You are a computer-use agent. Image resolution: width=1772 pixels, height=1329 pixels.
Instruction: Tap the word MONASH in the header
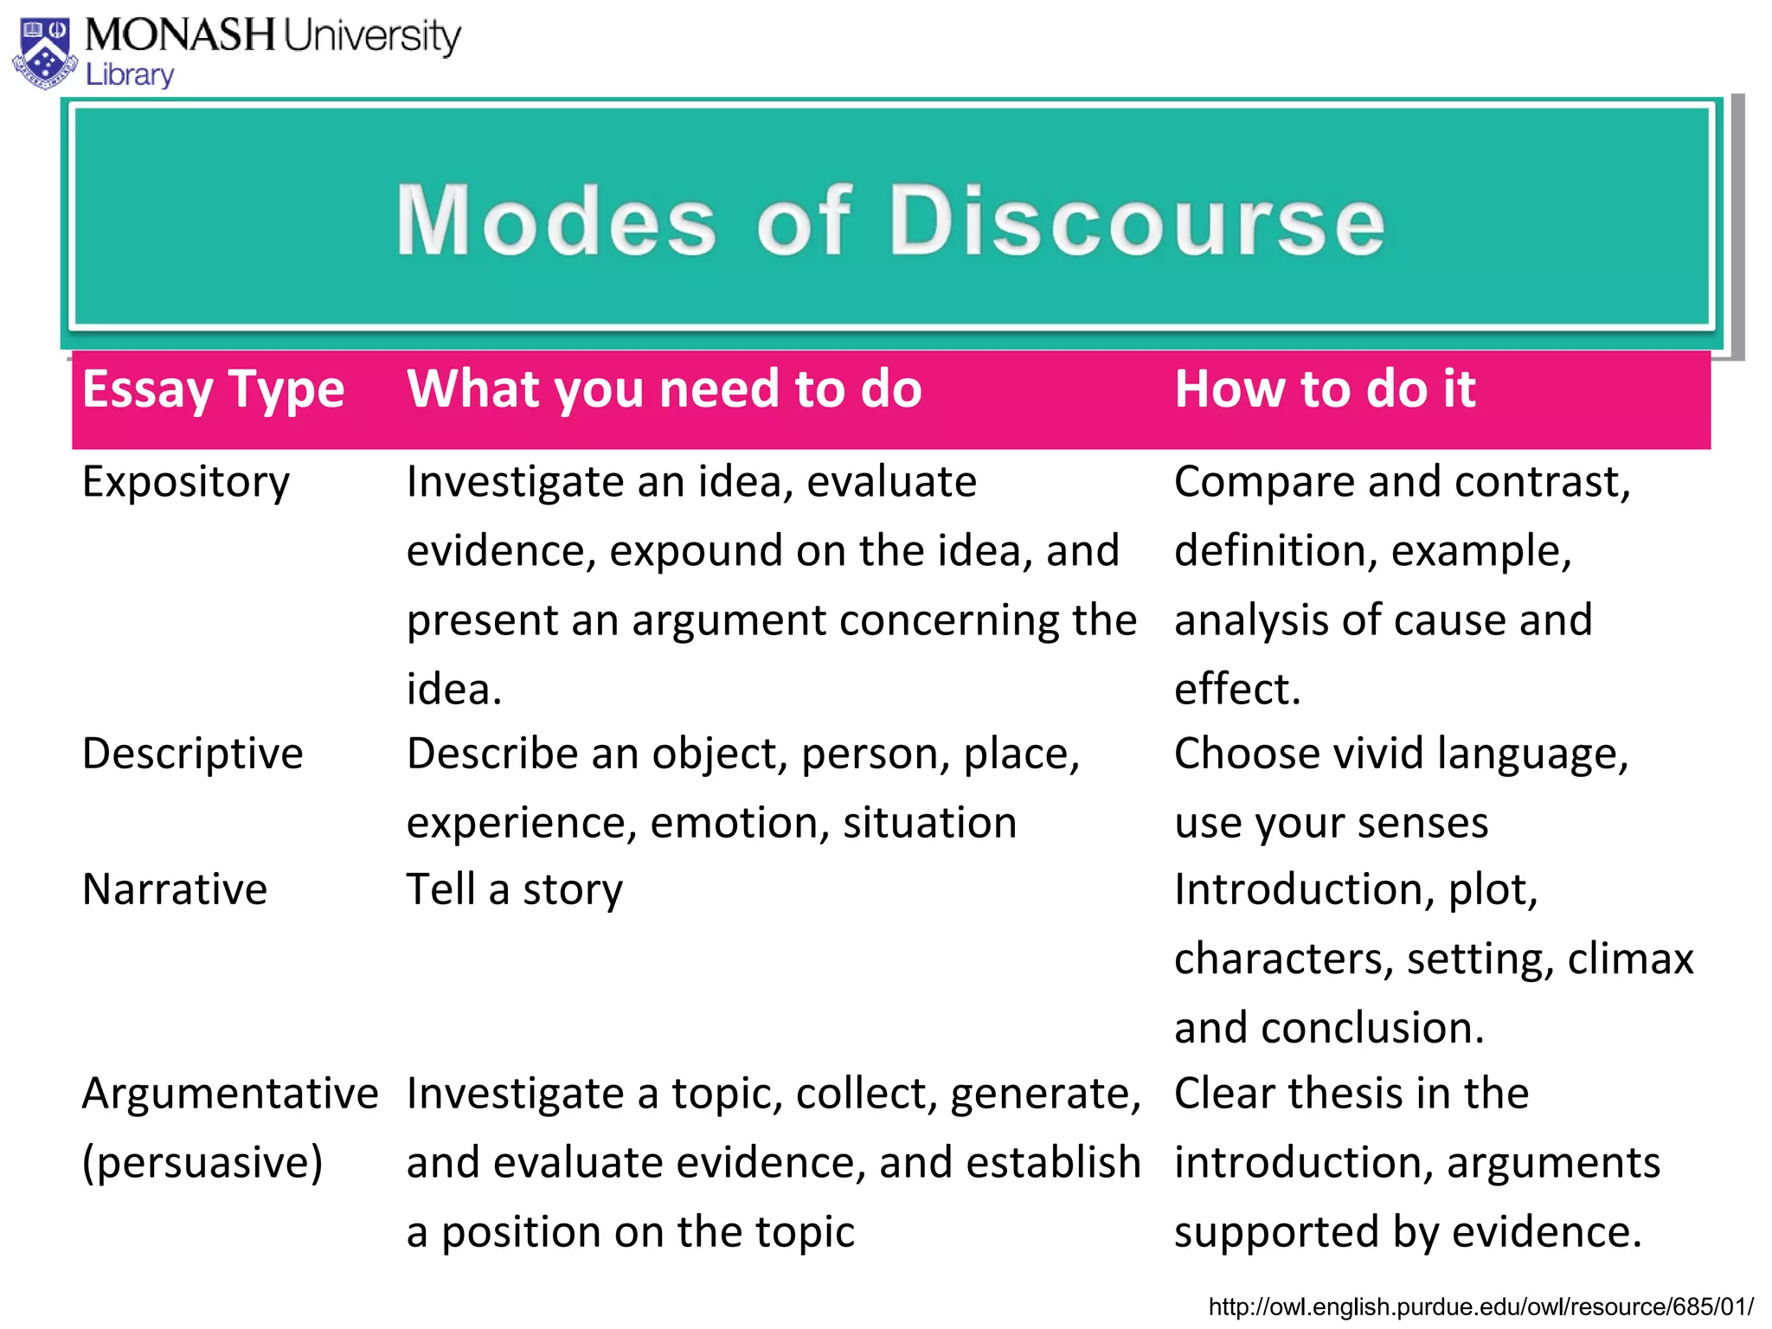point(180,35)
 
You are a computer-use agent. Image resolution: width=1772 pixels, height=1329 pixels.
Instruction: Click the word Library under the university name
point(130,75)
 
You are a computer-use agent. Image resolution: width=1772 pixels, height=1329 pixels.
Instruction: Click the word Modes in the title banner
point(556,221)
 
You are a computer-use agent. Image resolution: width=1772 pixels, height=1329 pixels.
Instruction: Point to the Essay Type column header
point(213,390)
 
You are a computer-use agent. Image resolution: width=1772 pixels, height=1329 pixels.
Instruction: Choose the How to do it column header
point(1324,388)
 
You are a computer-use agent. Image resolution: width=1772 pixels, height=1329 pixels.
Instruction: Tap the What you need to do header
point(664,388)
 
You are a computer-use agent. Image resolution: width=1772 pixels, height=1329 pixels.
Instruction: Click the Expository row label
point(185,482)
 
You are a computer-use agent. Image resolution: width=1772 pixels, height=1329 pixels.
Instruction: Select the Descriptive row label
point(192,754)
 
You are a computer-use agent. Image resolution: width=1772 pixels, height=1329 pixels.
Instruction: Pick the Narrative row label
point(175,889)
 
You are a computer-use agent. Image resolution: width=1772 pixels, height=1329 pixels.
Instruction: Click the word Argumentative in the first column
point(230,1094)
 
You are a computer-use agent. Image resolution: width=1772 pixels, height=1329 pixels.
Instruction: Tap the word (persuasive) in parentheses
point(202,1163)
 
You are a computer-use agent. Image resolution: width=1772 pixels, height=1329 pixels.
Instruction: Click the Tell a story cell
point(514,889)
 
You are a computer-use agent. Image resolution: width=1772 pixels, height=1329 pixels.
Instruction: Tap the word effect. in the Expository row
point(1237,690)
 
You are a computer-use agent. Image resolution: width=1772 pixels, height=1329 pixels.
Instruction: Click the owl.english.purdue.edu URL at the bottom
point(1480,1307)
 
